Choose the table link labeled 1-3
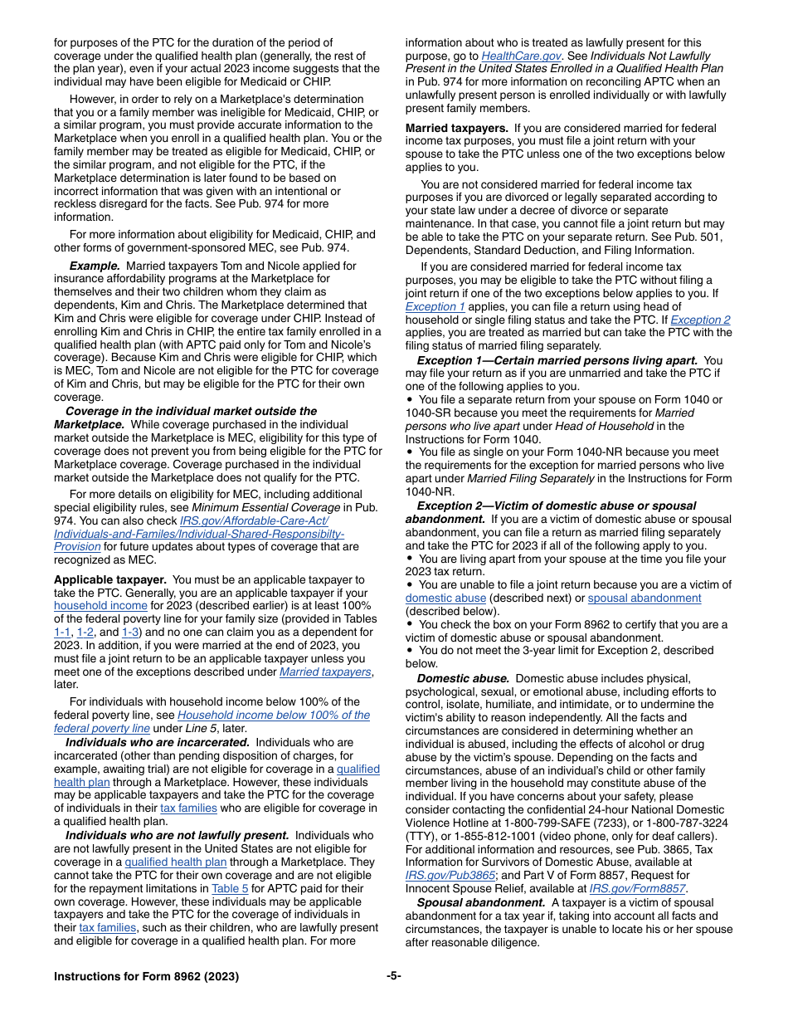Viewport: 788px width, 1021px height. coord(130,633)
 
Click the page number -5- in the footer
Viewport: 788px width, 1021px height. coord(393,976)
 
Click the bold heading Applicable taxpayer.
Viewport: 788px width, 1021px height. coord(109,579)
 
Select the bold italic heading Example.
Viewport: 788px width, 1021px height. coord(95,266)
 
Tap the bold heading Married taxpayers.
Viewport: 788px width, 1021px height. coord(456,128)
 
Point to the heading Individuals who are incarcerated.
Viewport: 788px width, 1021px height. coord(158,742)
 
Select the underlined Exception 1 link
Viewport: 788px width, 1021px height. coord(435,306)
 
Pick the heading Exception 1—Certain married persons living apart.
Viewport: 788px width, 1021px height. coord(557,360)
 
